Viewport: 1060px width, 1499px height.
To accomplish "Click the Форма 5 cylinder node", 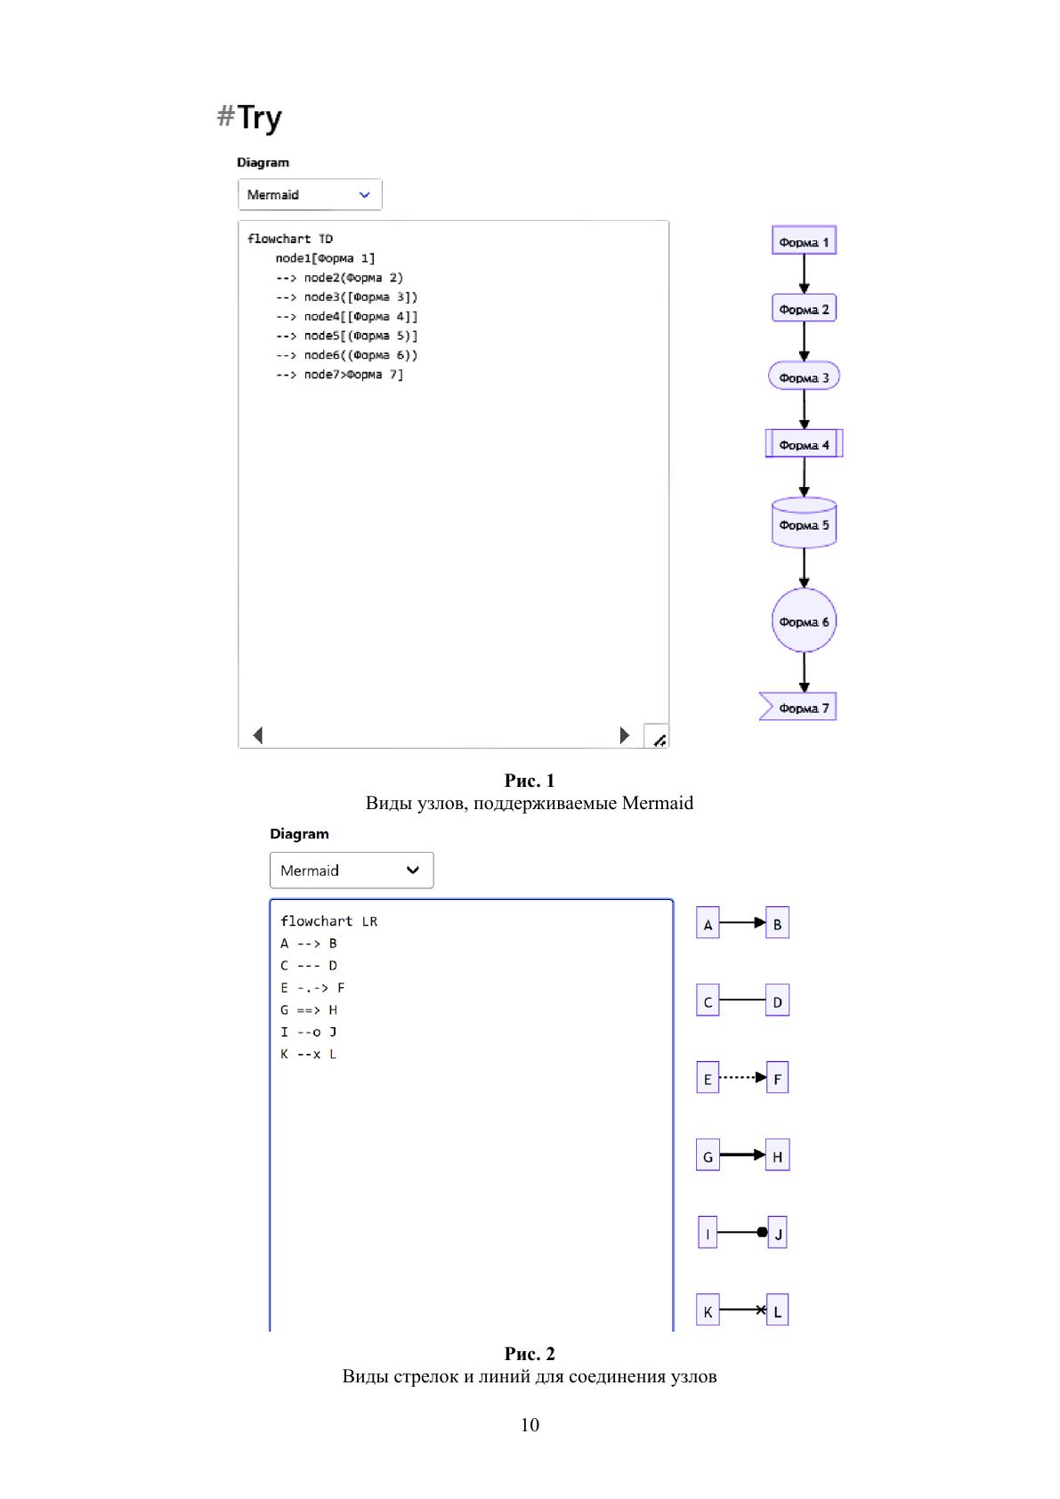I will pyautogui.click(x=804, y=523).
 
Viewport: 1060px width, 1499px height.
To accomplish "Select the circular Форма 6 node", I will pyautogui.click(x=804, y=620).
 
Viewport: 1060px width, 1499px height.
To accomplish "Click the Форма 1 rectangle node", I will pyautogui.click(x=804, y=241).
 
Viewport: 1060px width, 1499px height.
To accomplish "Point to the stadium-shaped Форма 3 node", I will pyautogui.click(x=804, y=377).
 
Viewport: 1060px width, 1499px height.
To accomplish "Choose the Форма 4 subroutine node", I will pyautogui.click(x=804, y=443).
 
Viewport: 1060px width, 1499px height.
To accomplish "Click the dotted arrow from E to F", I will pyautogui.click(x=740, y=1077).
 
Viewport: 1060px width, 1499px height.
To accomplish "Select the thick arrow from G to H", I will pyautogui.click(x=740, y=1155).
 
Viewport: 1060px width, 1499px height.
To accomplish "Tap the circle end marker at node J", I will pyautogui.click(x=762, y=1232).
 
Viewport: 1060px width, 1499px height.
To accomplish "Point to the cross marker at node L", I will pyautogui.click(x=761, y=1309).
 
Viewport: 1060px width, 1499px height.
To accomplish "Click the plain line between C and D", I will pyautogui.click(x=742, y=1001).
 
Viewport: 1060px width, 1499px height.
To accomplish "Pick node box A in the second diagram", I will pyautogui.click(x=708, y=923).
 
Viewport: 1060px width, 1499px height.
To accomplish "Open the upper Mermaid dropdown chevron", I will pyautogui.click(x=364, y=195).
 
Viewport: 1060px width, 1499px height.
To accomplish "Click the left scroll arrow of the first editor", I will pyautogui.click(x=258, y=735).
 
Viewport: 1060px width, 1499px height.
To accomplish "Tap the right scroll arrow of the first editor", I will pyautogui.click(x=624, y=735).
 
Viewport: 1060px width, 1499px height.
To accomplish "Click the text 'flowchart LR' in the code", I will pyautogui.click(x=328, y=921).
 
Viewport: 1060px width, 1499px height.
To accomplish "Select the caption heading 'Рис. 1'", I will pyautogui.click(x=530, y=781).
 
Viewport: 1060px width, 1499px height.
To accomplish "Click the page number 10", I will pyautogui.click(x=530, y=1425).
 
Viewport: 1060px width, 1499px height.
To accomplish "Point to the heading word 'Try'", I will pyautogui.click(x=259, y=117).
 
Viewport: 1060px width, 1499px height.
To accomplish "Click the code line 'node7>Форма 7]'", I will pyautogui.click(x=353, y=375).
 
